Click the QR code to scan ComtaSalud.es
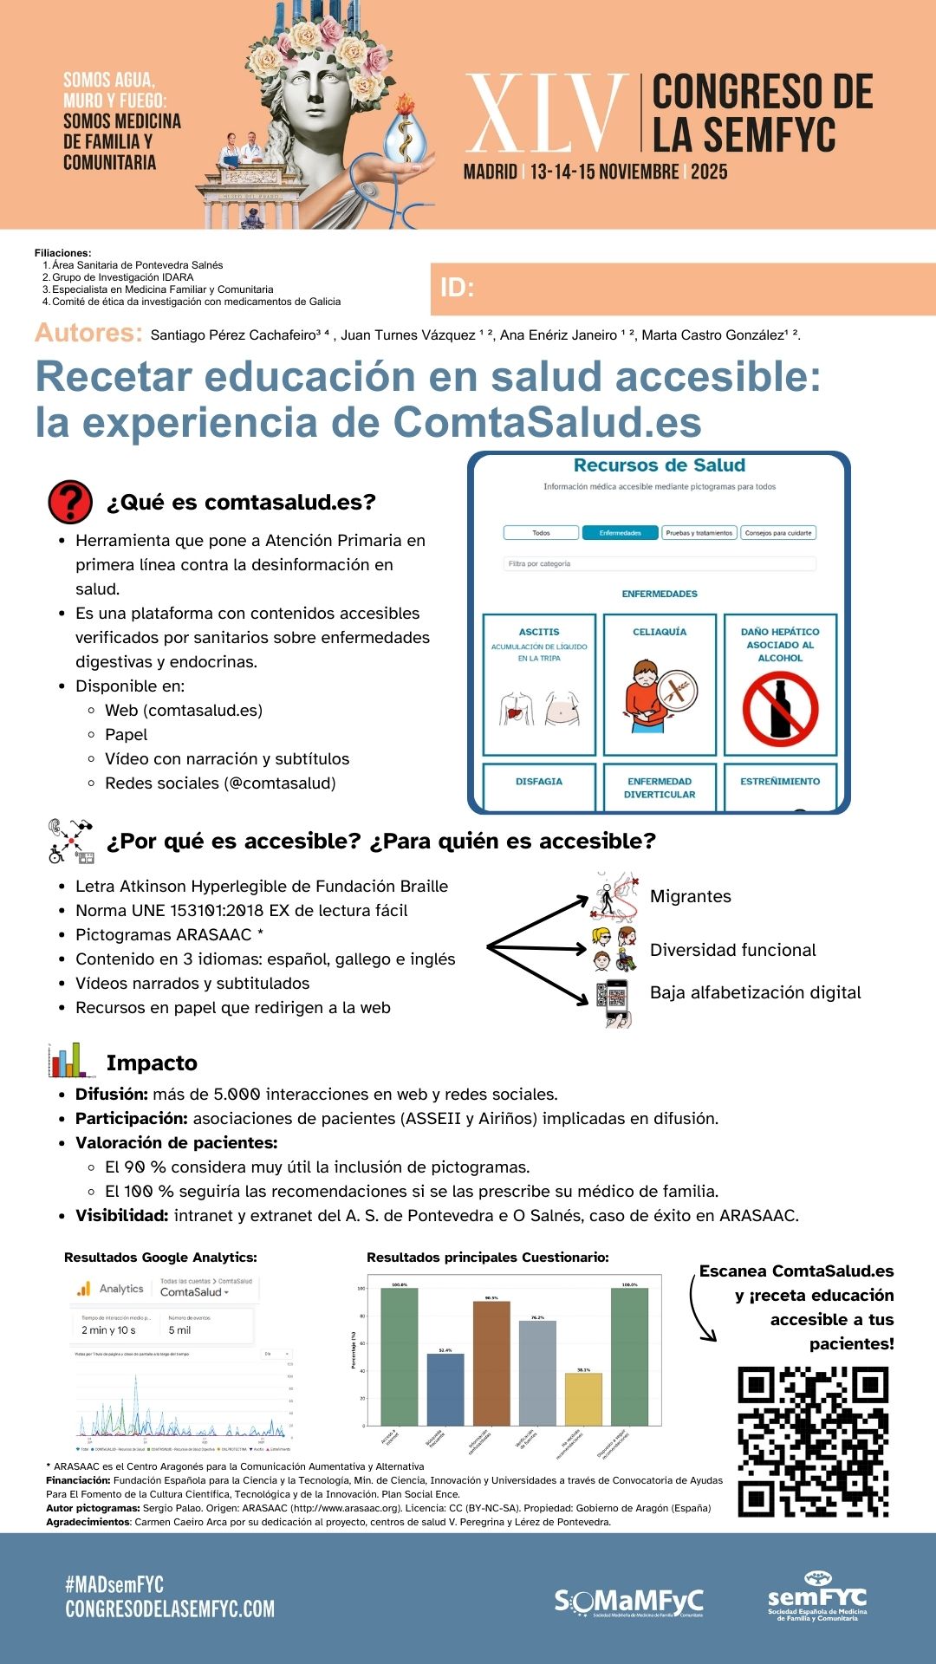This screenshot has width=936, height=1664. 813,1441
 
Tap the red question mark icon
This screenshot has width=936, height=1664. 70,502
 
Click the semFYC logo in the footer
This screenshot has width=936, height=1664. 816,1596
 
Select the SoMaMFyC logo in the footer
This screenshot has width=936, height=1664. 628,1602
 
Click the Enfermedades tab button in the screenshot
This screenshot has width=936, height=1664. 620,533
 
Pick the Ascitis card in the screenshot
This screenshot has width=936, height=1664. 539,684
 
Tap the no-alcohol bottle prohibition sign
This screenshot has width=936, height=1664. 780,708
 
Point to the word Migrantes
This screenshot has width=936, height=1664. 690,896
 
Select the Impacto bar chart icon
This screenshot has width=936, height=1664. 71,1061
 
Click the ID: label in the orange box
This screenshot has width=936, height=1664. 457,288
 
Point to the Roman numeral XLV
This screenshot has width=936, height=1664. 546,114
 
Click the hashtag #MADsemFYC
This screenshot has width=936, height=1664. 114,1584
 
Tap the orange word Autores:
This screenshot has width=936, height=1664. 88,333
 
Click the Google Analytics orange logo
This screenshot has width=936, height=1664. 84,1289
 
